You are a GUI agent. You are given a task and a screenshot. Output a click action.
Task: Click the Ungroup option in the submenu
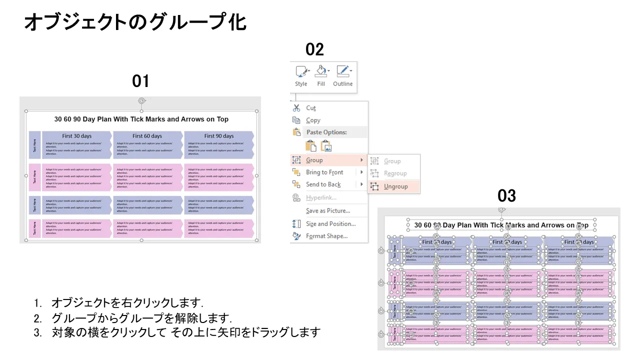(395, 186)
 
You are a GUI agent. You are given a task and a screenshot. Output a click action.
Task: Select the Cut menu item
(310, 108)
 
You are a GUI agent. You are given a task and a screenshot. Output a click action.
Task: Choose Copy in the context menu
(313, 120)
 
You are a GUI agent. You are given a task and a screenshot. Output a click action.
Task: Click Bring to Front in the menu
(324, 172)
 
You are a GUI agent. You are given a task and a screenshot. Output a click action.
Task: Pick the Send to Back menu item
(323, 184)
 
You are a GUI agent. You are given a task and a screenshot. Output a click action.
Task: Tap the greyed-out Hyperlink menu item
(321, 198)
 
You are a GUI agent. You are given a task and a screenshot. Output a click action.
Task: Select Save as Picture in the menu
(327, 211)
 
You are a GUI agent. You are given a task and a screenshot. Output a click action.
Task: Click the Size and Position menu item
(330, 224)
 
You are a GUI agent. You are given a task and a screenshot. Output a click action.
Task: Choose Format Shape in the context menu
(326, 236)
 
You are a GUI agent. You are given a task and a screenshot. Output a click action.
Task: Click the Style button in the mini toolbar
(301, 75)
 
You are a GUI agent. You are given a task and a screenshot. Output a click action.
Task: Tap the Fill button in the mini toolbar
(321, 75)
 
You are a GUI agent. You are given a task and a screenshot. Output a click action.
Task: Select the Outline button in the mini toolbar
(343, 75)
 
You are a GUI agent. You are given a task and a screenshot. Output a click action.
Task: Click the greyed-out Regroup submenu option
(395, 173)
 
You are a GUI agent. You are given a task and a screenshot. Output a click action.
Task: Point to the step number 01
(141, 81)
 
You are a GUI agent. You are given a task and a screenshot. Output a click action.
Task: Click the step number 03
(506, 195)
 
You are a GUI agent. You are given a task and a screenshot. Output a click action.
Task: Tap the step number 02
(315, 49)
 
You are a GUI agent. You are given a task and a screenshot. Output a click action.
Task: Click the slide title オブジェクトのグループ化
(135, 22)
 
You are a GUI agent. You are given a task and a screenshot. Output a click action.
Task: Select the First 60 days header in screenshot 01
(147, 136)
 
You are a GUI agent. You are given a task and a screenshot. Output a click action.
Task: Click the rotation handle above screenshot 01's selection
(141, 101)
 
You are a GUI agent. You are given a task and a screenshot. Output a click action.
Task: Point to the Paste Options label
(326, 132)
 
